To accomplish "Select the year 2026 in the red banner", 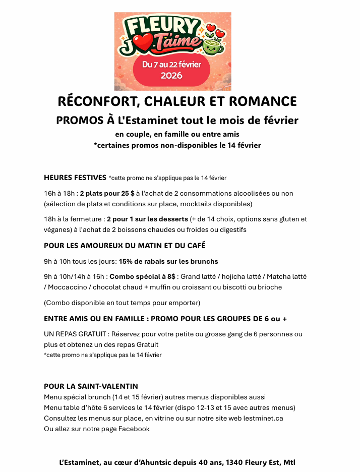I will pos(171,76).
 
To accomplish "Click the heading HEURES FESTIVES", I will pos(75,178).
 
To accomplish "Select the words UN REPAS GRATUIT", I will pos(76,334).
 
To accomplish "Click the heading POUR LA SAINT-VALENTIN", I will pos(91,386).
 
